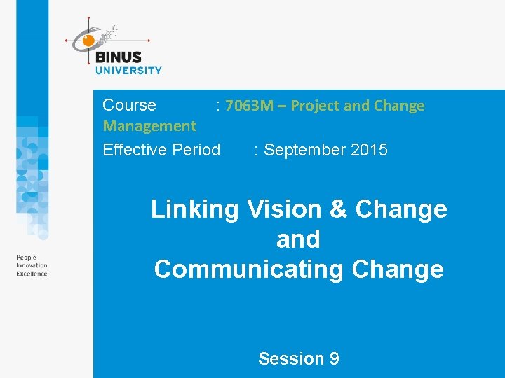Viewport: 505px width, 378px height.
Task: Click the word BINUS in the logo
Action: point(118,57)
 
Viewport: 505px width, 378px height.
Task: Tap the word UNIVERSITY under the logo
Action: point(128,70)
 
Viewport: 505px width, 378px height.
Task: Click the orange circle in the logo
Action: point(88,41)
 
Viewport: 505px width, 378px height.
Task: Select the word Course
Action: point(129,105)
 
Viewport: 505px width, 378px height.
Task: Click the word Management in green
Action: point(149,126)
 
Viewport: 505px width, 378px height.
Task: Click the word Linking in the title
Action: point(194,209)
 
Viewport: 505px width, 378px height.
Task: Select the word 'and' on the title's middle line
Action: point(298,239)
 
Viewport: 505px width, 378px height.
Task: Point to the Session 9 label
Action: point(299,359)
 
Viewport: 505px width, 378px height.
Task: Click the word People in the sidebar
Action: point(26,258)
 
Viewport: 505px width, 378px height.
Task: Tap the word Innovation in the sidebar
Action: point(32,266)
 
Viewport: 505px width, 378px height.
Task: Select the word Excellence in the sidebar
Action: point(32,274)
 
